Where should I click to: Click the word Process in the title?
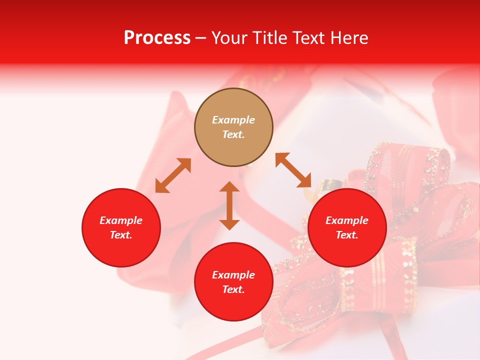157,38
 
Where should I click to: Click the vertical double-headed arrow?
229,205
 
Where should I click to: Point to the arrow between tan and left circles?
173,175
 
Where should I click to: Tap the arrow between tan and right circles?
293,170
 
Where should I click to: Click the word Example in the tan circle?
233,120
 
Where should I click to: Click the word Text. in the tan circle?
233,134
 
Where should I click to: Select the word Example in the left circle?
121,220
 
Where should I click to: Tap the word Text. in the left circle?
121,235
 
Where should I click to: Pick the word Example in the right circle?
347,220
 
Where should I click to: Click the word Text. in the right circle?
347,235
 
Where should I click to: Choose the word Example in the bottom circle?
233,275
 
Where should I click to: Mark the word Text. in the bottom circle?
233,289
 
